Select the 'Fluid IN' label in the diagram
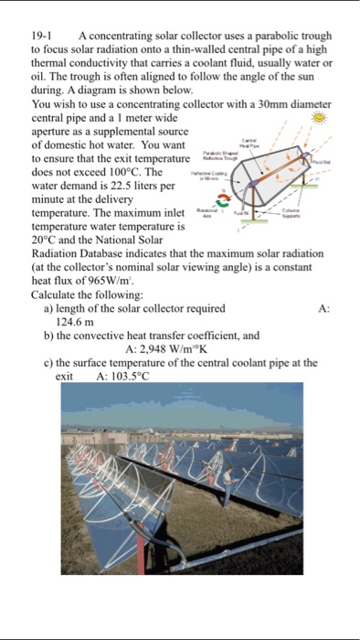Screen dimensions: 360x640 point(241,212)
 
